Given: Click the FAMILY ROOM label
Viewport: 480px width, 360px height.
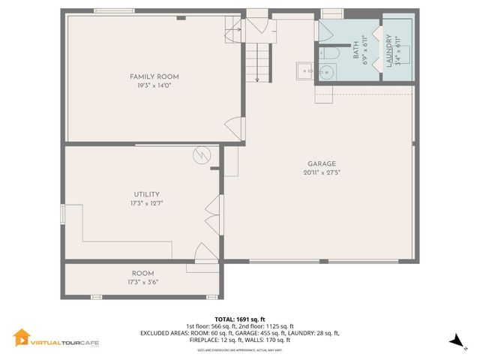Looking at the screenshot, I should [x=154, y=76].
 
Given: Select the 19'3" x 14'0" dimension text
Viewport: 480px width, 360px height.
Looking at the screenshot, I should [x=154, y=86].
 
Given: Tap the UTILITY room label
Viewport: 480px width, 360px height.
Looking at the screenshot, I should [x=146, y=194].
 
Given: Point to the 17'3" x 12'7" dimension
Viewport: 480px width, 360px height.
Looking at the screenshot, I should [x=146, y=203].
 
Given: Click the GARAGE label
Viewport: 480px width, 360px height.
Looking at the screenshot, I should [x=321, y=163].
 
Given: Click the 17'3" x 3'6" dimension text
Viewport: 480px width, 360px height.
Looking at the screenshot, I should [x=142, y=283].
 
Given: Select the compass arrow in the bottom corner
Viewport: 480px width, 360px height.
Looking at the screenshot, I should [x=454, y=342].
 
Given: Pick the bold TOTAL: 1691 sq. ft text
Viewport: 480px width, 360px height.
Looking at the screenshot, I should [x=239, y=318].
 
